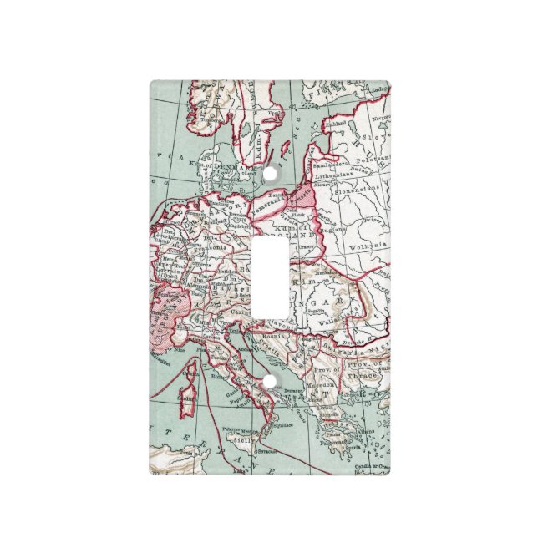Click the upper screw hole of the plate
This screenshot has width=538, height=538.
pos(270,175)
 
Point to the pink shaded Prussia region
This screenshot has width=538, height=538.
pos(303,197)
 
